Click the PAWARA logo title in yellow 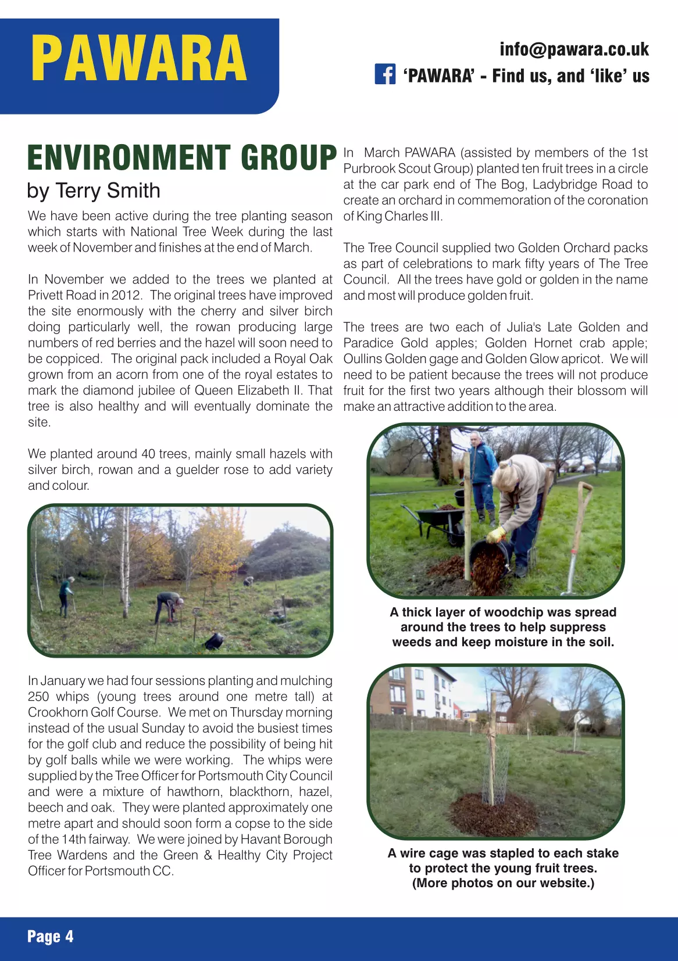point(139,59)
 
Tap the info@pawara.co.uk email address point(574,49)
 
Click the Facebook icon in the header point(385,75)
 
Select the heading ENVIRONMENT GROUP point(181,158)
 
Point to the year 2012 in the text point(126,295)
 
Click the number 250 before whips point(39,697)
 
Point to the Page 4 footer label point(50,936)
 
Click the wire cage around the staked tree point(494,767)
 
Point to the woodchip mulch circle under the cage point(494,813)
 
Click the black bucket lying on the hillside point(214,640)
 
